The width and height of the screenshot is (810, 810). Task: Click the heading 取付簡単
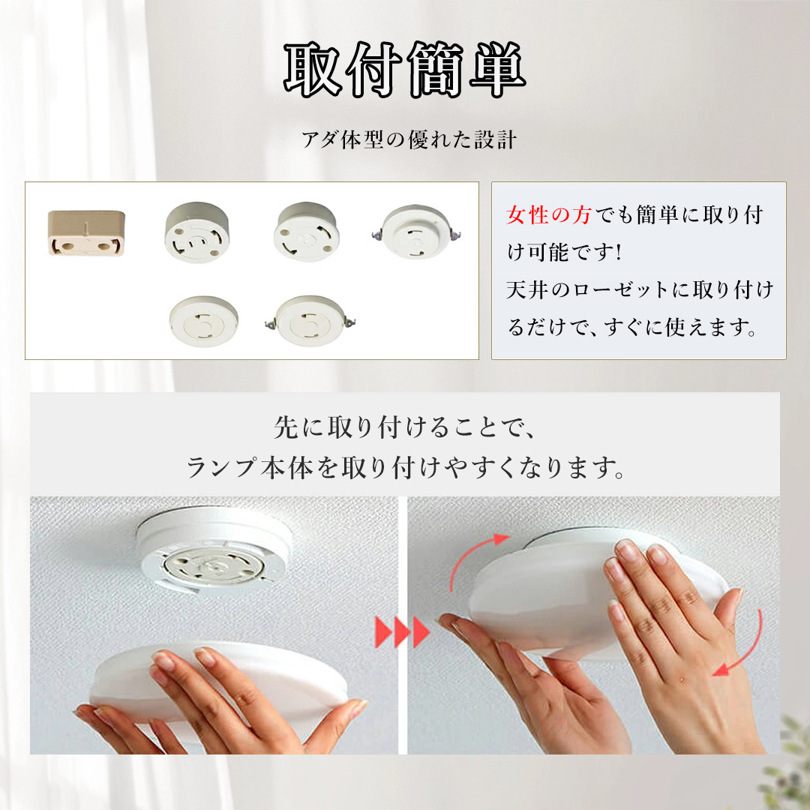coord(404,70)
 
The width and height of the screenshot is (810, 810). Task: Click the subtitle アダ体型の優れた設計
coord(409,139)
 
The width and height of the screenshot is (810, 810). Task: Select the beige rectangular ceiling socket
coord(86,232)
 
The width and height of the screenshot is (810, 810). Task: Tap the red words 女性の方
coord(548,215)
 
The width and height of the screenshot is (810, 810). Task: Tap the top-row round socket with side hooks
coord(415,232)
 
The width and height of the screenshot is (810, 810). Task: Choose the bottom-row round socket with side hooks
coord(310,321)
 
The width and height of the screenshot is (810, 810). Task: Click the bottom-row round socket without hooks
coord(203,321)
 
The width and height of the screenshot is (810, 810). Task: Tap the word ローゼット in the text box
coord(616,289)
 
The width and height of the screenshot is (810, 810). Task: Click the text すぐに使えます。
coord(681,327)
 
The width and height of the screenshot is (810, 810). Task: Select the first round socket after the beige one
coord(196,232)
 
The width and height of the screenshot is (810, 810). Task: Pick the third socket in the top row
coord(306,232)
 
